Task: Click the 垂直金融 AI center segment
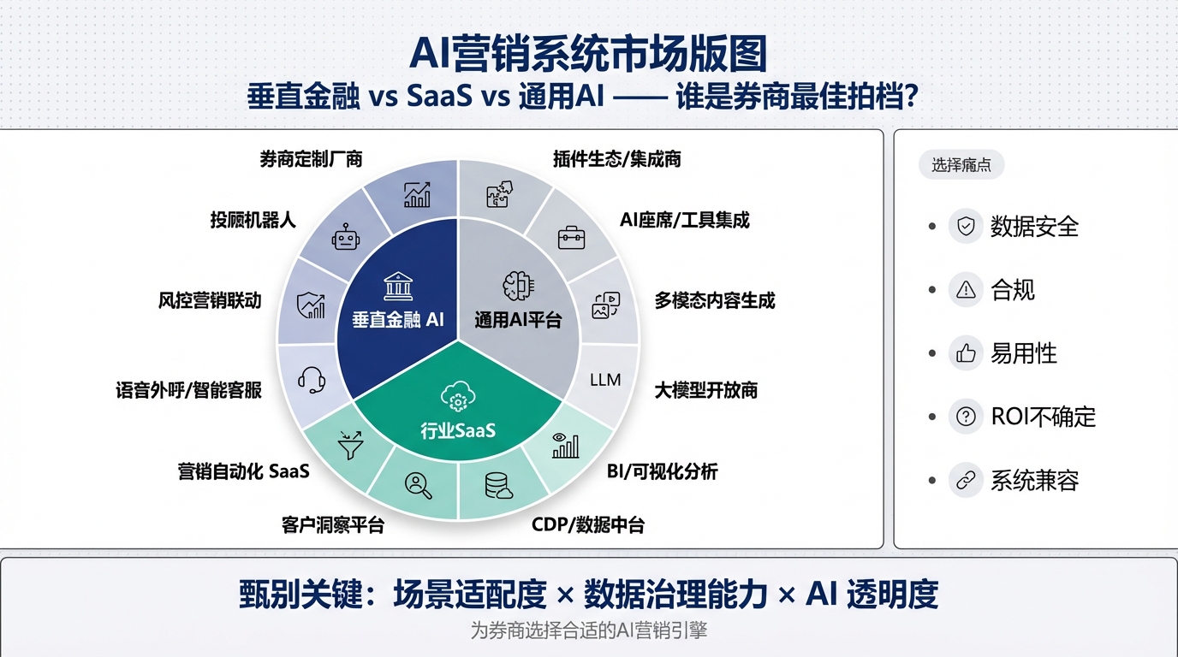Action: point(397,319)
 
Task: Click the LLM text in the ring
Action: point(605,380)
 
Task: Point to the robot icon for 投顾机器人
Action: point(345,237)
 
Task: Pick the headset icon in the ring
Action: point(311,380)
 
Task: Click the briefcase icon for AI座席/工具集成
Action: point(571,237)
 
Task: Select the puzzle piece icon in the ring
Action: point(499,194)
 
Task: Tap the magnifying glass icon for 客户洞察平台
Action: point(418,485)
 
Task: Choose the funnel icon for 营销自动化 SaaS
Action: point(350,446)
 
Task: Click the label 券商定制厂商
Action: point(311,159)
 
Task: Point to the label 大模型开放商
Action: point(706,391)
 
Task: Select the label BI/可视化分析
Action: point(663,471)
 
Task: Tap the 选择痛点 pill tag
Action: point(961,165)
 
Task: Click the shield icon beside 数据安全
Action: point(966,227)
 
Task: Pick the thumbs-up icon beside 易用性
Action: point(966,353)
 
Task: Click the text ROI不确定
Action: point(1043,417)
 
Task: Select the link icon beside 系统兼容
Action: point(966,480)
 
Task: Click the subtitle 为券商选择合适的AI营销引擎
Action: point(589,631)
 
